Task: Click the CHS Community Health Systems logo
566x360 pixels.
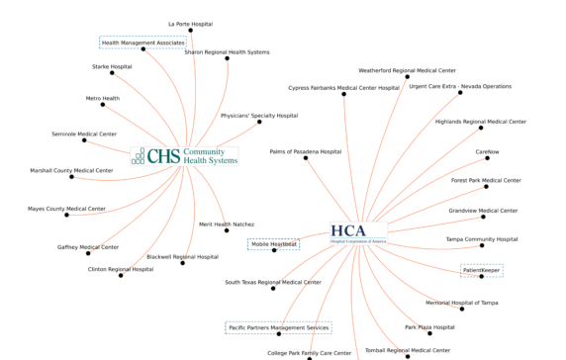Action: [185, 156]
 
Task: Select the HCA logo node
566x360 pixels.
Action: [359, 232]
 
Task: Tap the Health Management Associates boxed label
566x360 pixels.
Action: [142, 43]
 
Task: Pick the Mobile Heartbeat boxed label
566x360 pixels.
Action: [273, 243]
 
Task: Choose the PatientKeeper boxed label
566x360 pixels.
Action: [482, 270]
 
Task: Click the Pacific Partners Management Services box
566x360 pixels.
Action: [278, 327]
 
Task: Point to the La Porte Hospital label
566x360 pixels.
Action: [189, 22]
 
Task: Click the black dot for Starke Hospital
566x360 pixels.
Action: [112, 74]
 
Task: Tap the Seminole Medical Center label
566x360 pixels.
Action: [84, 134]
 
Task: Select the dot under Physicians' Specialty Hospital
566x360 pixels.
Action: [259, 123]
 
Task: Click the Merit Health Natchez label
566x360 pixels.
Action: [227, 225]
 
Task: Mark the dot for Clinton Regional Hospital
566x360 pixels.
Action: [121, 275]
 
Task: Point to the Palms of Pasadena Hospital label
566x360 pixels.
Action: [306, 151]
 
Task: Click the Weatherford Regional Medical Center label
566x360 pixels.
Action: [407, 70]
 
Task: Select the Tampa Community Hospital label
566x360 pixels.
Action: [482, 238]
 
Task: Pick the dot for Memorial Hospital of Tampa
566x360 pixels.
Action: [461, 309]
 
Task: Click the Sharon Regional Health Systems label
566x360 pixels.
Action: [227, 51]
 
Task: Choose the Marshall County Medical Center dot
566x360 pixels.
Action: [71, 177]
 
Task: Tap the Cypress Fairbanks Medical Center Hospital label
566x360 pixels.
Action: [343, 87]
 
